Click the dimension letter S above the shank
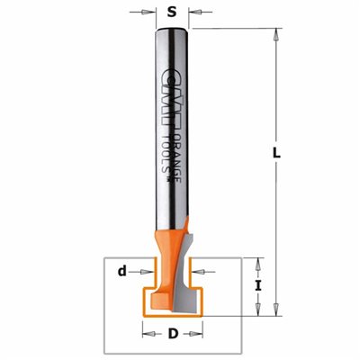[x=172, y=13]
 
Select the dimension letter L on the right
[x=276, y=153]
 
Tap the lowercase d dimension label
[x=121, y=272]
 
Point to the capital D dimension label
[x=173, y=334]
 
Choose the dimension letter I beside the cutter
[x=258, y=286]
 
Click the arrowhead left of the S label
[x=147, y=13]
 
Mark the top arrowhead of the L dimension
[x=276, y=36]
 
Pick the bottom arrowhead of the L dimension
[x=276, y=309]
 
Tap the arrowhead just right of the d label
[x=146, y=272]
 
